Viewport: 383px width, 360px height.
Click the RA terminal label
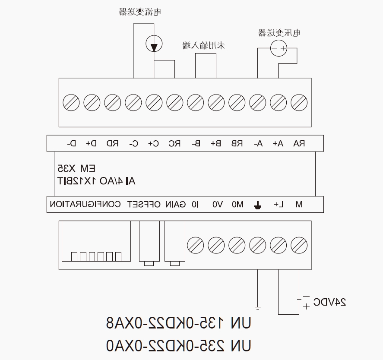pyautogui.click(x=299, y=143)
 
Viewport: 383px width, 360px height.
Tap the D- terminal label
pyautogui.click(x=72, y=143)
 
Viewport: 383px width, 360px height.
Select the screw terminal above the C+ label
pyautogui.click(x=154, y=103)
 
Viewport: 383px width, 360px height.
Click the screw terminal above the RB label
pyautogui.click(x=237, y=103)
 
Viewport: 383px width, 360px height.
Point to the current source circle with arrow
pyautogui.click(x=154, y=44)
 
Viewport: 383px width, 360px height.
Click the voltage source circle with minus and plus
pyautogui.click(x=279, y=48)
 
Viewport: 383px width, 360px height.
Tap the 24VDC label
pyautogui.click(x=329, y=302)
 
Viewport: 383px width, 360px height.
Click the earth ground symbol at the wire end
pyautogui.click(x=257, y=308)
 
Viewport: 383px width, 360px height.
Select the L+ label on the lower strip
pyautogui.click(x=279, y=204)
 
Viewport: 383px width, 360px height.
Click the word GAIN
pyautogui.click(x=175, y=204)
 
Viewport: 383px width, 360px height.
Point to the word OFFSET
pyautogui.click(x=144, y=204)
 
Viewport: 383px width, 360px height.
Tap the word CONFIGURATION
pyautogui.click(x=85, y=204)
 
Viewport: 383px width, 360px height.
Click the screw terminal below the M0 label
pyautogui.click(x=237, y=245)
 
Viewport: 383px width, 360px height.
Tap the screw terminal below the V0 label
pyautogui.click(x=216, y=245)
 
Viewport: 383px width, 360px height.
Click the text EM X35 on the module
pyautogui.click(x=76, y=168)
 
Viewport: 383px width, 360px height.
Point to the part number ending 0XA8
pyautogui.click(x=179, y=323)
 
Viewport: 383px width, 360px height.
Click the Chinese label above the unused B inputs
pyautogui.click(x=204, y=45)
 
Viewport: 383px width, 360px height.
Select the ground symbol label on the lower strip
pyautogui.click(x=257, y=205)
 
